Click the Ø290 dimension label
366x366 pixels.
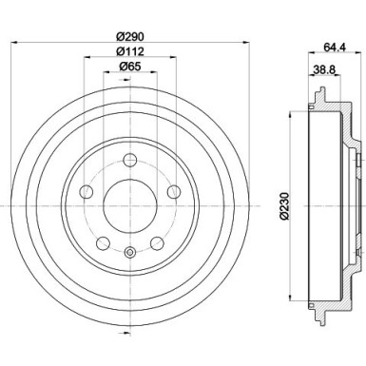click(x=129, y=35)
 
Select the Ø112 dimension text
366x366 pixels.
click(x=129, y=51)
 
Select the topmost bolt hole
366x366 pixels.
click(x=129, y=153)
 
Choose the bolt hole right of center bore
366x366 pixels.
click(x=174, y=191)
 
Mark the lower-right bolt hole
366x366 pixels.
click(x=157, y=243)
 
